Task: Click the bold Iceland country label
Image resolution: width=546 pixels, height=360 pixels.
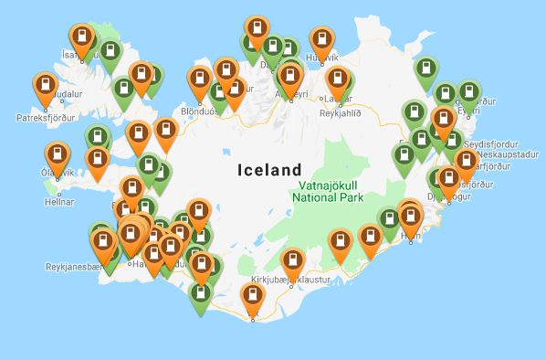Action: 268,170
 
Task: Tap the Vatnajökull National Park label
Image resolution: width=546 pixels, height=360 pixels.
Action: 328,190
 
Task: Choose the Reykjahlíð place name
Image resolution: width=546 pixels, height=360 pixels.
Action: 341,113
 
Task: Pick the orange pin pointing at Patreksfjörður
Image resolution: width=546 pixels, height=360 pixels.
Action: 46,87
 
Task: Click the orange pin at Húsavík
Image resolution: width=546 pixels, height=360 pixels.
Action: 322,40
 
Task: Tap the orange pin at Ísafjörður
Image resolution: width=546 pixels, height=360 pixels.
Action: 82,37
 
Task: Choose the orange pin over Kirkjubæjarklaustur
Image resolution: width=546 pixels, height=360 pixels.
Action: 292,262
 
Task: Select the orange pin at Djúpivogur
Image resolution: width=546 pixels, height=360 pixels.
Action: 448,180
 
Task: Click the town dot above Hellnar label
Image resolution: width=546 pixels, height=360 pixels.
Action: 60,192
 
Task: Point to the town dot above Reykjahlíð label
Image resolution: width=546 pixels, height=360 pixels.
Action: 340,103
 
